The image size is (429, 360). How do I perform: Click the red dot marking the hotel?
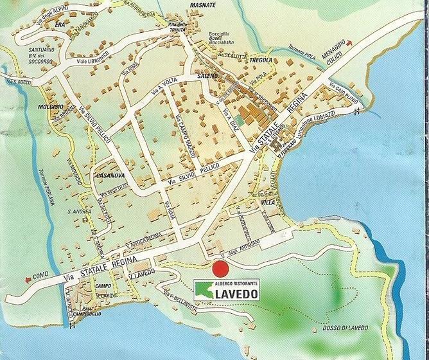(x=221, y=269)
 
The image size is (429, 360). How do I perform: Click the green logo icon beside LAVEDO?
(x=206, y=291)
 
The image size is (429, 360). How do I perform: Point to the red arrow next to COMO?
(x=26, y=279)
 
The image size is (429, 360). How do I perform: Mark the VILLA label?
(x=267, y=202)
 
